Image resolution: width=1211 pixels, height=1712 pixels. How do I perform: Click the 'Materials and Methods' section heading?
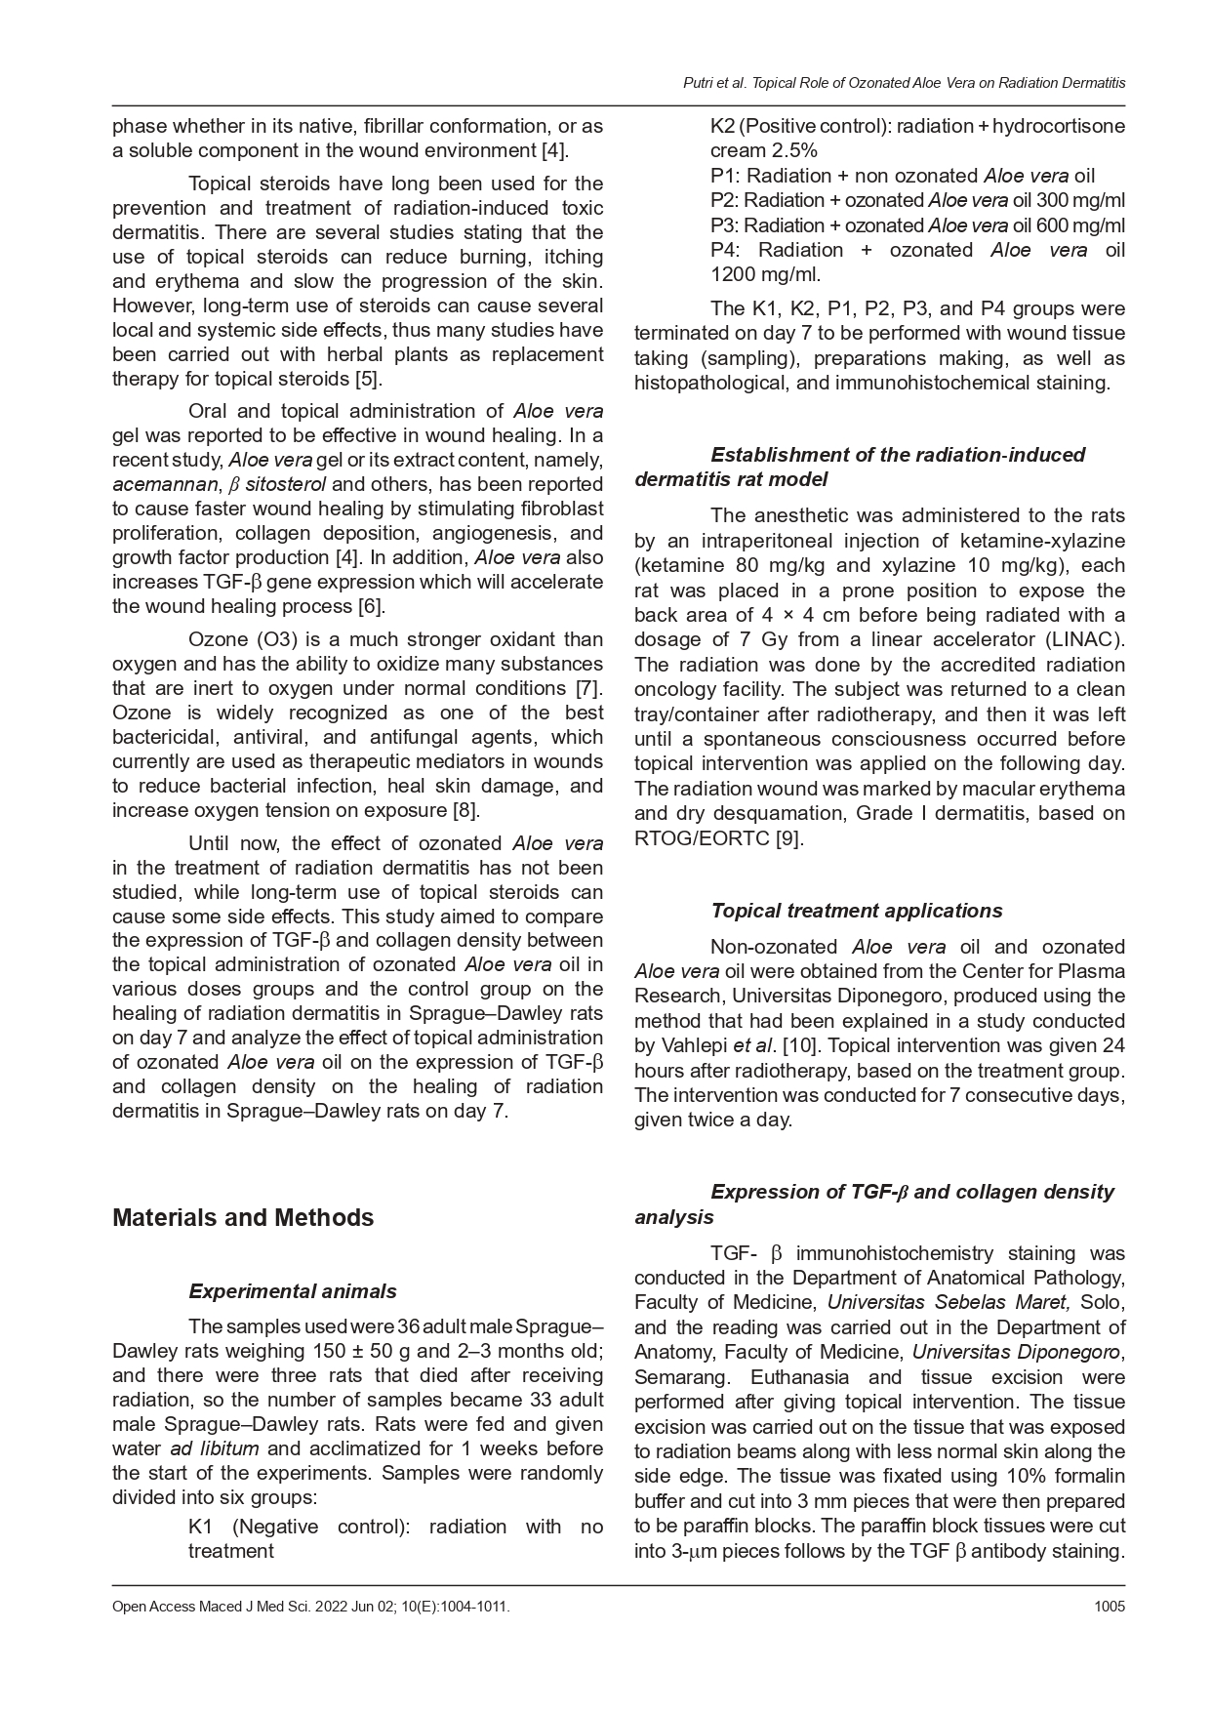point(243,1217)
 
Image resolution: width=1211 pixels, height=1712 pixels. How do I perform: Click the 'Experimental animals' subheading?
point(293,1291)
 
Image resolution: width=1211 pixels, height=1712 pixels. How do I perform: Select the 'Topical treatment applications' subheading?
point(856,911)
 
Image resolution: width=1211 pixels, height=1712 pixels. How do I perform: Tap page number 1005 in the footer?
point(1110,1606)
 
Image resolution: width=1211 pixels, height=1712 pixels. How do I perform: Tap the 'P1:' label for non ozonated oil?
point(723,176)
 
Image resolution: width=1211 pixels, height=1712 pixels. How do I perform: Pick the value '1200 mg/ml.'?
point(766,274)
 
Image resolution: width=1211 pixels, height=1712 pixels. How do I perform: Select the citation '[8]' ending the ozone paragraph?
point(465,810)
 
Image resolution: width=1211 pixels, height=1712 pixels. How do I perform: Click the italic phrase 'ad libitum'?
point(215,1449)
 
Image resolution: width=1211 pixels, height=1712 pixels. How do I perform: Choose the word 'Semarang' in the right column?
point(677,1377)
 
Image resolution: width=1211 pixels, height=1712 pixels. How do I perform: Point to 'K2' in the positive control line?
point(723,126)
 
